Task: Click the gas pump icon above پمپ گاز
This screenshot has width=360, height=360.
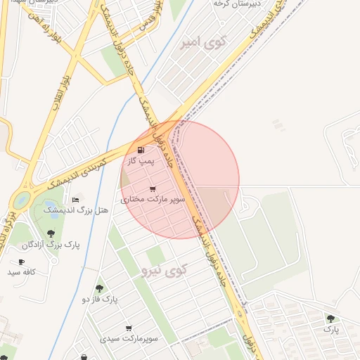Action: [141, 150]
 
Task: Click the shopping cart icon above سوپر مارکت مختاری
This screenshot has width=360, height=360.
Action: [153, 189]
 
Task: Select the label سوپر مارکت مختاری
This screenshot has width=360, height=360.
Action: [153, 200]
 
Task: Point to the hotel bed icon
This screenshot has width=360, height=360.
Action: [75, 200]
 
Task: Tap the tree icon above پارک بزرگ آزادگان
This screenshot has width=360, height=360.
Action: [51, 233]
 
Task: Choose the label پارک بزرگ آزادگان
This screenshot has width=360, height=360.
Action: [51, 245]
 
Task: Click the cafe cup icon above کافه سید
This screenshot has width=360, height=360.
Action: [21, 262]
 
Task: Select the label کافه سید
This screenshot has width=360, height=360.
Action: [21, 271]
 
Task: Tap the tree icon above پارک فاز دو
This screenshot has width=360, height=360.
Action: [98, 288]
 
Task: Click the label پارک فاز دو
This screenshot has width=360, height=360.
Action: [99, 299]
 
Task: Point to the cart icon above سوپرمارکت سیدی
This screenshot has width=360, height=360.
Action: [129, 328]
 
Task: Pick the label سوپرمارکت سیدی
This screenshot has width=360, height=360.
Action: [129, 339]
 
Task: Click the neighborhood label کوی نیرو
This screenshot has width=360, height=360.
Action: [164, 269]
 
